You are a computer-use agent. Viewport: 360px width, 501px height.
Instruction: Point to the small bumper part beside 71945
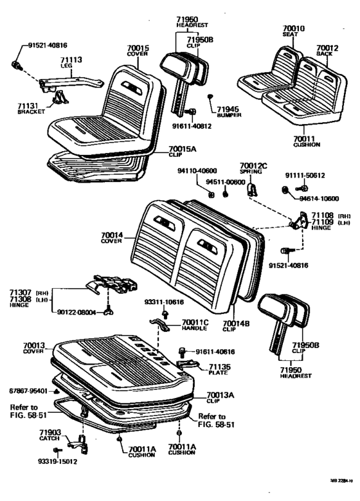(x=211, y=96)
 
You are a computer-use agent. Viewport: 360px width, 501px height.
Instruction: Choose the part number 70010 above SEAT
(x=294, y=28)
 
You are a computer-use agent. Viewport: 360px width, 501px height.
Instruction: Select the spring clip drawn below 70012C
(x=253, y=188)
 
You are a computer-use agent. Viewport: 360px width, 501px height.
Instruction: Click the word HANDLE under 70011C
(x=194, y=327)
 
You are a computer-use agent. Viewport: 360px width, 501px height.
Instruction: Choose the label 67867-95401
(x=26, y=390)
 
